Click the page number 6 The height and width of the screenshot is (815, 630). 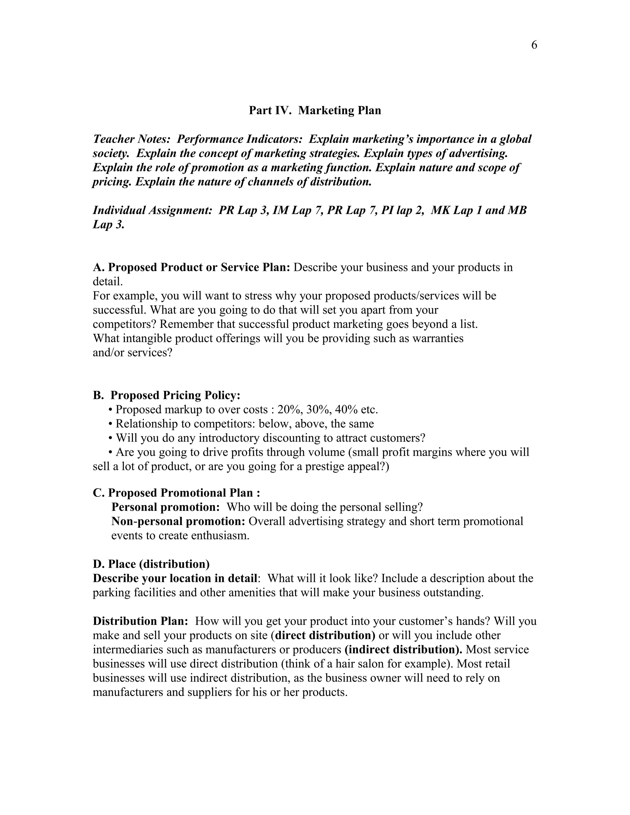click(x=534, y=45)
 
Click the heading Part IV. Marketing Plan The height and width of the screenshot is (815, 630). click(x=315, y=110)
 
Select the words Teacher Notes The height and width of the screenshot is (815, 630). click(x=131, y=139)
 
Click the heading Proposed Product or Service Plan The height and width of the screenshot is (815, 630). click(x=198, y=268)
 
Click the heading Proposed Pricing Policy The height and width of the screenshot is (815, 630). click(x=175, y=395)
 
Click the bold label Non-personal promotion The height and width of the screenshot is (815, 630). click(x=178, y=521)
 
